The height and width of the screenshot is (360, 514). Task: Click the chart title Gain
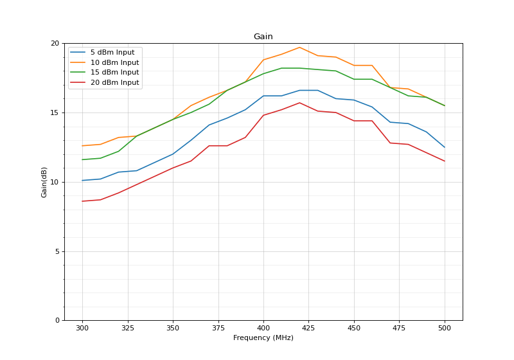pyautogui.click(x=263, y=37)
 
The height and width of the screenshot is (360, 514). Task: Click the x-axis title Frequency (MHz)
pyautogui.click(x=263, y=338)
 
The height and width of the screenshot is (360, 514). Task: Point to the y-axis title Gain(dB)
pyautogui.click(x=44, y=182)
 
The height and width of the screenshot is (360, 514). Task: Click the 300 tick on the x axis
pyautogui.click(x=82, y=328)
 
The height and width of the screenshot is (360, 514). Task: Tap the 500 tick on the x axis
pyautogui.click(x=445, y=328)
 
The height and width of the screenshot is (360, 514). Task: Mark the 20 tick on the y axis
pyautogui.click(x=55, y=43)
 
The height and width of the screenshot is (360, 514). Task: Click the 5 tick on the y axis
pyautogui.click(x=57, y=251)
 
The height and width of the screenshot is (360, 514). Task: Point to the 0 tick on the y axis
pyautogui.click(x=57, y=320)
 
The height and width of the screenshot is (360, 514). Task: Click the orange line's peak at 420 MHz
pyautogui.click(x=299, y=47)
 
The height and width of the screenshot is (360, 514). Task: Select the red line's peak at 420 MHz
pyautogui.click(x=299, y=103)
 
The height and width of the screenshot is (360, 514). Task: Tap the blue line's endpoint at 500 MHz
pyautogui.click(x=445, y=147)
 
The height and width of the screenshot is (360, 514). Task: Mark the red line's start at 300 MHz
pyautogui.click(x=82, y=201)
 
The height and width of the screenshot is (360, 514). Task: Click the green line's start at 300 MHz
pyautogui.click(x=82, y=159)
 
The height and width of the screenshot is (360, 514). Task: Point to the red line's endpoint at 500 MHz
pyautogui.click(x=445, y=161)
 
